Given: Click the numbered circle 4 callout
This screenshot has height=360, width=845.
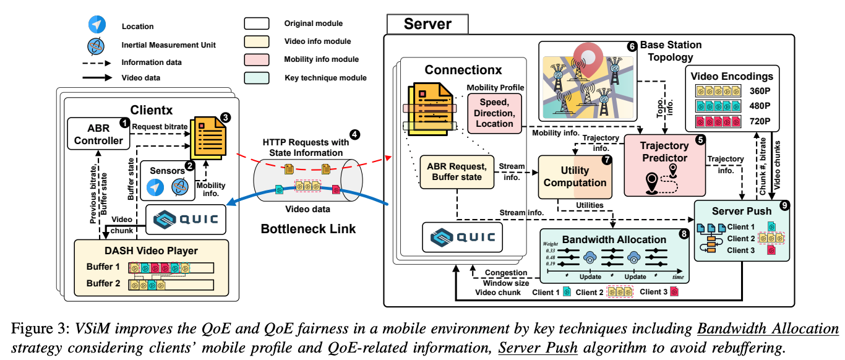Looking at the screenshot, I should pos(354,134).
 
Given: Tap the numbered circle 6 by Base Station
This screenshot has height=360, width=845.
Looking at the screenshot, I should pos(632,46).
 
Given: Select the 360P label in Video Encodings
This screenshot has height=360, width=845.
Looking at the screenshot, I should pos(759,90).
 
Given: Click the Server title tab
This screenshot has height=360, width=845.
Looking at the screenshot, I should pos(427,24).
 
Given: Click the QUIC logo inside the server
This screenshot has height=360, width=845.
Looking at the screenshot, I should pos(462,237).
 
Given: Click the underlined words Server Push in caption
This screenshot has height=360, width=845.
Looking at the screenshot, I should pos(538,347).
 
